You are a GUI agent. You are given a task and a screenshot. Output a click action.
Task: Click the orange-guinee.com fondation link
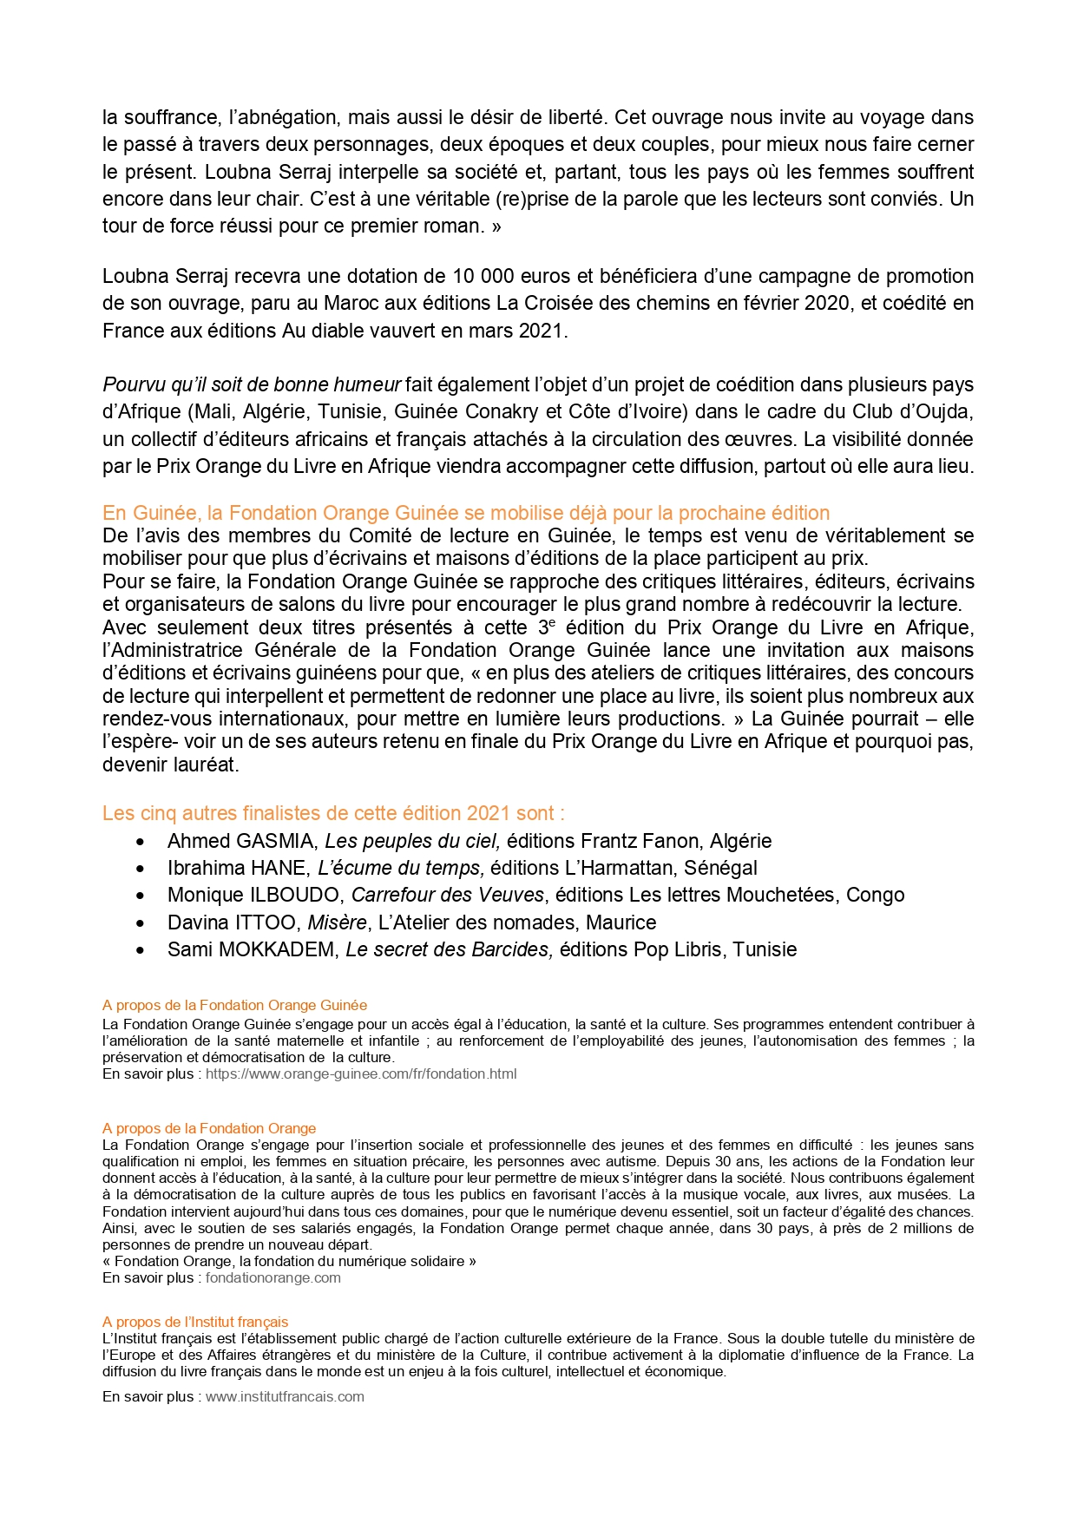(360, 1073)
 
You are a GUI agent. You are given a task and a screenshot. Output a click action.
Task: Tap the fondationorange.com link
(273, 1277)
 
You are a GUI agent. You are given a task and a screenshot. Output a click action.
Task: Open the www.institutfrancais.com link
(285, 1396)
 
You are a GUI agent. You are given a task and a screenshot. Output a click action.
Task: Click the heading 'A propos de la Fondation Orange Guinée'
(234, 1005)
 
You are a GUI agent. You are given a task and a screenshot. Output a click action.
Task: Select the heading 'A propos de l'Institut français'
(195, 1322)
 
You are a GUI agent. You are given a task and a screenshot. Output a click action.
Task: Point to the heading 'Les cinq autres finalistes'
(333, 813)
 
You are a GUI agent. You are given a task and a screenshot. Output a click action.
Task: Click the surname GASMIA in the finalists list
(277, 841)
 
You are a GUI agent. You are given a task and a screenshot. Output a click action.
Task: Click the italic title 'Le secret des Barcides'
(449, 949)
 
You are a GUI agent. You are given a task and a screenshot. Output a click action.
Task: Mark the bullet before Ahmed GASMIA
(141, 842)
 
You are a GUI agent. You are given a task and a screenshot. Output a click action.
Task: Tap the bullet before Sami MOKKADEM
(141, 950)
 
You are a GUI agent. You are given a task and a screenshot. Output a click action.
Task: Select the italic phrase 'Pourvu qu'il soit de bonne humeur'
(252, 384)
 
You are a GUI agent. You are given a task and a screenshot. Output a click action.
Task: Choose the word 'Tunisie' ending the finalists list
(765, 949)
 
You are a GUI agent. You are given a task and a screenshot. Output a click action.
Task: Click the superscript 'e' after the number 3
(552, 622)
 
